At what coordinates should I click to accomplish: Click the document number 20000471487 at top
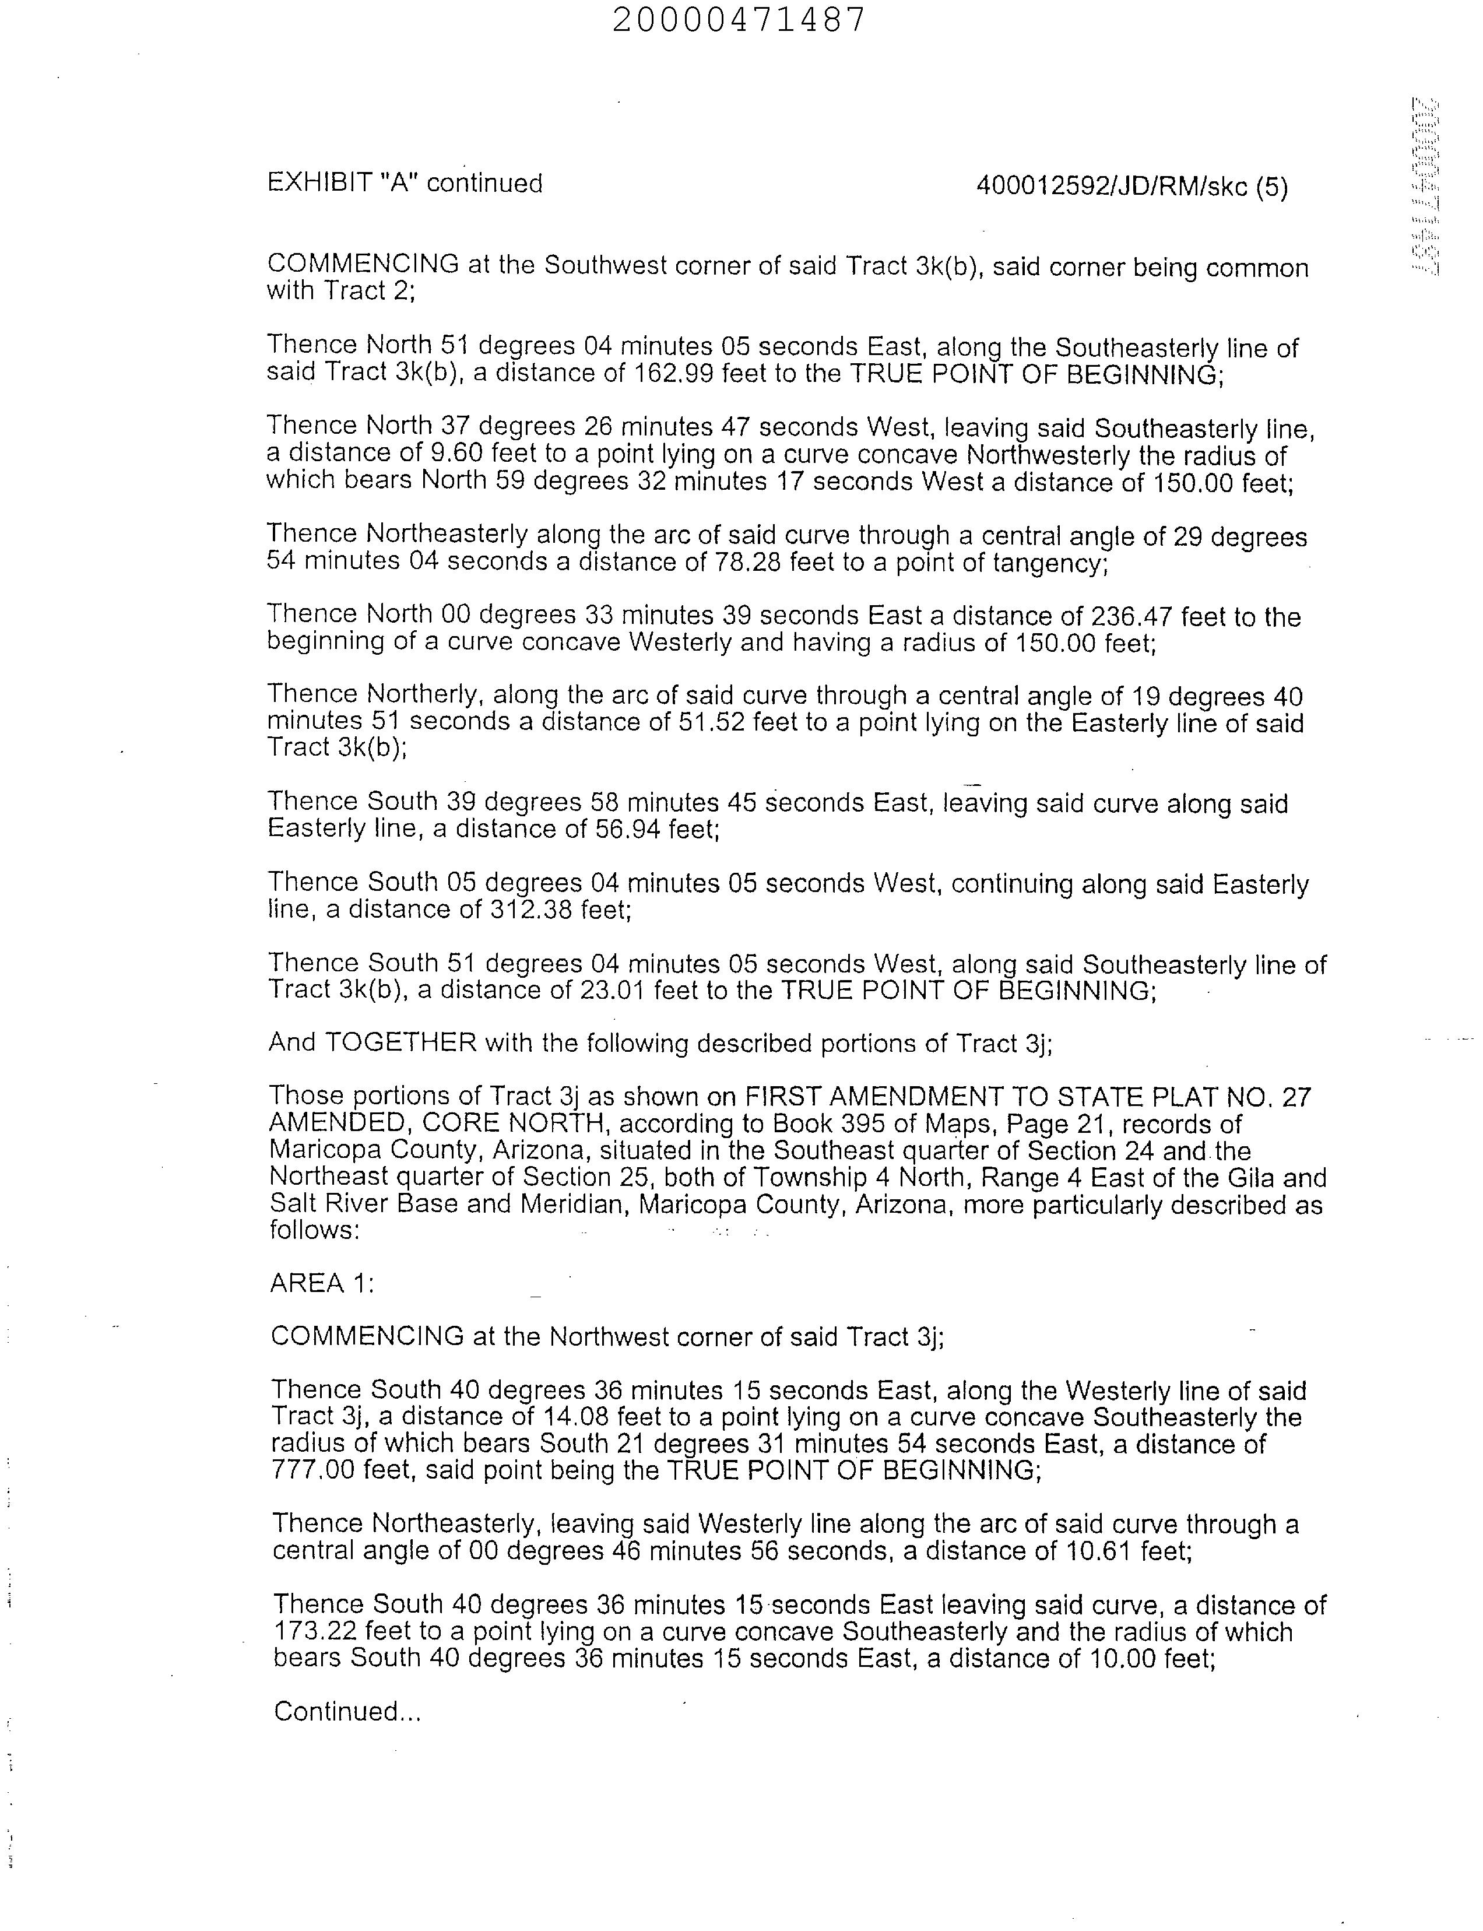(740, 19)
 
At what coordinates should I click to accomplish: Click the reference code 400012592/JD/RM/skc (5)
(1131, 187)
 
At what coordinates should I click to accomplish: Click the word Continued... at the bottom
(347, 1711)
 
